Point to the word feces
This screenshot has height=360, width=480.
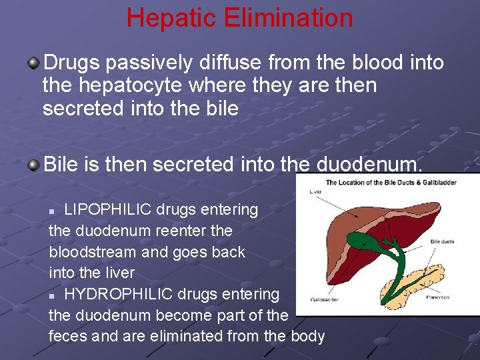pos(69,336)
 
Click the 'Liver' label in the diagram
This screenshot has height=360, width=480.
pos(317,191)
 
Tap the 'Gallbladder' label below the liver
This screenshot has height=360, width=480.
pos(325,299)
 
